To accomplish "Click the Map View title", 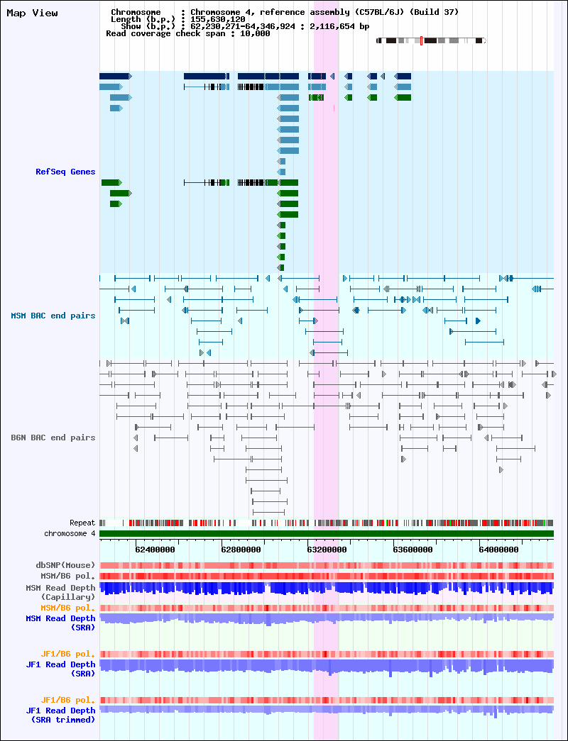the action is [x=32, y=13].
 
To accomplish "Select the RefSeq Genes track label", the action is [x=65, y=172].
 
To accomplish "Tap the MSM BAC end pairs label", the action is [x=53, y=316].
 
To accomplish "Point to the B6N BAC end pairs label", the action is [x=53, y=438].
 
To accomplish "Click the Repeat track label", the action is [x=82, y=523].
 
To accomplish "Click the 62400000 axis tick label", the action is [x=155, y=550].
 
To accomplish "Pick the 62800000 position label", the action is [x=241, y=550].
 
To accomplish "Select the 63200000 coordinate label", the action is [x=327, y=550].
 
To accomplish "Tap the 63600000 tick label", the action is [x=413, y=550].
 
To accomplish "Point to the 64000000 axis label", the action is [x=498, y=550].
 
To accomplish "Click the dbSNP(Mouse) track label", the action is [x=65, y=565].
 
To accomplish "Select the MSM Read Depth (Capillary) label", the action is [x=60, y=593].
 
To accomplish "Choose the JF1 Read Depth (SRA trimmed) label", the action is [x=60, y=715].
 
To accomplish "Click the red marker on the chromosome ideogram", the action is [x=421, y=40].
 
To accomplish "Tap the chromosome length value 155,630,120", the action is [x=218, y=19].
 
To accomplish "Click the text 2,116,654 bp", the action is [x=339, y=26].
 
